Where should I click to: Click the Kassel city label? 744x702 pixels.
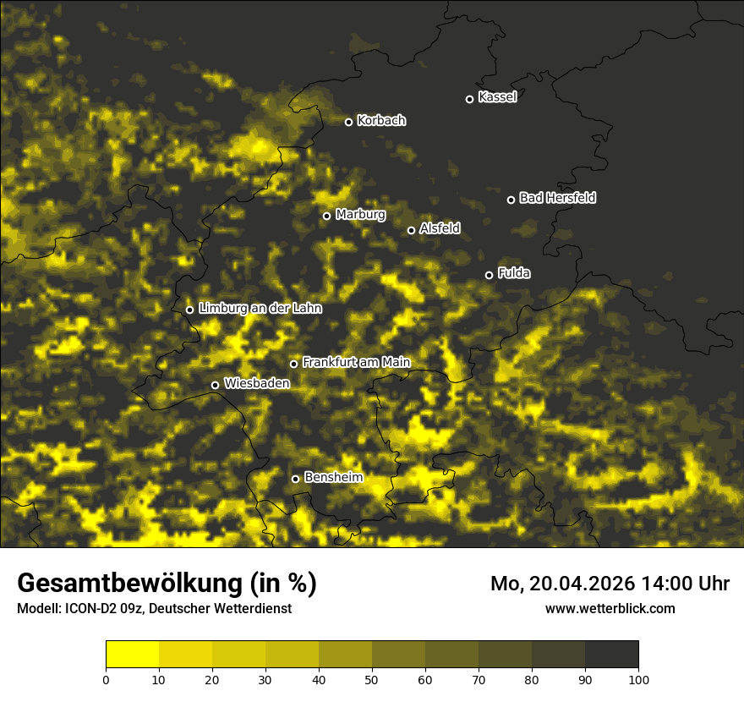click(x=497, y=97)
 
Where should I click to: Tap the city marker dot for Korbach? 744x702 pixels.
click(x=348, y=122)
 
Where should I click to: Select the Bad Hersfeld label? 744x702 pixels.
click(x=557, y=198)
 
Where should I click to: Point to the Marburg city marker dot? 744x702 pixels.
click(x=326, y=216)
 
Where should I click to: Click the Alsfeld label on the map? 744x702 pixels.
click(x=440, y=228)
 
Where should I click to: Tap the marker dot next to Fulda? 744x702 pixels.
click(x=489, y=275)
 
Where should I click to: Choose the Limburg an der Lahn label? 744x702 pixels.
click(x=260, y=309)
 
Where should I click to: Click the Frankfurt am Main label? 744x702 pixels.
click(x=356, y=362)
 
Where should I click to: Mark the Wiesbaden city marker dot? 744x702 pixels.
click(x=215, y=385)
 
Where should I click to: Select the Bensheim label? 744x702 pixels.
click(x=333, y=477)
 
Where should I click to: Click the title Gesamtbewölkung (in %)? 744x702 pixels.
click(x=167, y=584)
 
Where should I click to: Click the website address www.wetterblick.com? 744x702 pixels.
click(x=610, y=608)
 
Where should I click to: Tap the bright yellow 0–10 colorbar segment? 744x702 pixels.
click(x=132, y=655)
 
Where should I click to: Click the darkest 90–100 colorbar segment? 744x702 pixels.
click(x=611, y=655)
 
